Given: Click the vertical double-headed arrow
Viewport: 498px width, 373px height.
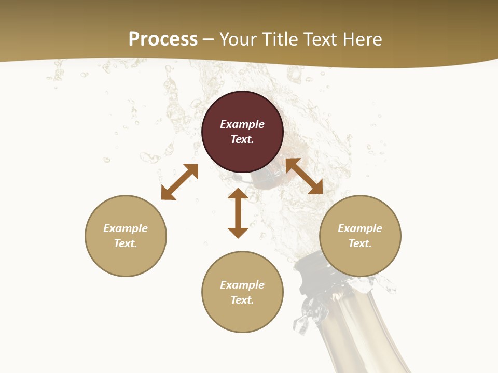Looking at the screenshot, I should point(238,213).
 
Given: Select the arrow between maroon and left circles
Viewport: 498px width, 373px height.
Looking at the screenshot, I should point(179,182).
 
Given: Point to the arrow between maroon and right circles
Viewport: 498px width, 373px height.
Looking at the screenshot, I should point(304,176).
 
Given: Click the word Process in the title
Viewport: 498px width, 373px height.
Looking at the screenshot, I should point(163,39).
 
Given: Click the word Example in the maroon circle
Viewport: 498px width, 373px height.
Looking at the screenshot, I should point(242,124).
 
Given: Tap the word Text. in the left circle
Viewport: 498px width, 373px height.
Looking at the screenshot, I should point(126,243).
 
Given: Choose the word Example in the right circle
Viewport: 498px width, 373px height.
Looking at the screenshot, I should point(360,228).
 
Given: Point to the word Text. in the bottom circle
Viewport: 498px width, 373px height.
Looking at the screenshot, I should point(242,300).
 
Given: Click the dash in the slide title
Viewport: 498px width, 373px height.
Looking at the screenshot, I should point(208,39).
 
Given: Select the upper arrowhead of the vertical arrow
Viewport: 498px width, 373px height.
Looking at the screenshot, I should point(238,194).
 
